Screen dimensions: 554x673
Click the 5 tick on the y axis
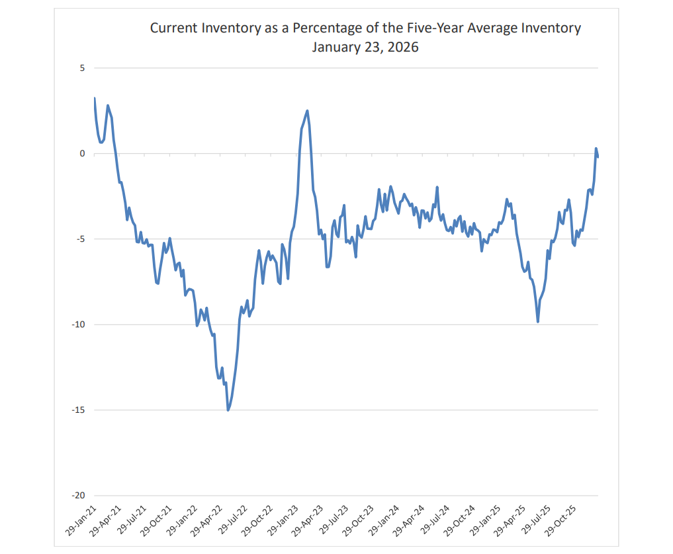click(x=83, y=68)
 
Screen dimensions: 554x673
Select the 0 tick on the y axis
click(x=83, y=154)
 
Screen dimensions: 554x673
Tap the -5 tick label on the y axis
click(x=81, y=239)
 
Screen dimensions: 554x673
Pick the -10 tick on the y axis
click(x=79, y=325)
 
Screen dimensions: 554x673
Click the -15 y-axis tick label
click(x=79, y=410)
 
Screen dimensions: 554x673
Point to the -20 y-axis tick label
click(x=79, y=496)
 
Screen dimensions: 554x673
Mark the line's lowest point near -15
click(x=228, y=410)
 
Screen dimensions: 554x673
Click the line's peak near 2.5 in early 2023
click(x=307, y=111)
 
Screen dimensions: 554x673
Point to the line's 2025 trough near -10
click(x=538, y=321)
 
